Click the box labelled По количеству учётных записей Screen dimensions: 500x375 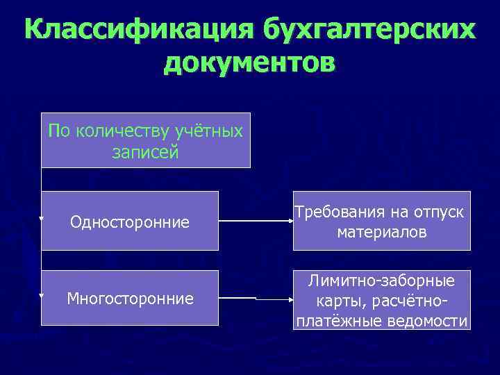point(145,140)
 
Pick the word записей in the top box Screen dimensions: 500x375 point(145,152)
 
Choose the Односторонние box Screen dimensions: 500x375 point(130,221)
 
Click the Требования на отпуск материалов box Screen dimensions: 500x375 point(381,221)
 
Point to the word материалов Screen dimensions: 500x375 point(382,231)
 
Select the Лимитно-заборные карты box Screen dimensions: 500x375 point(381,300)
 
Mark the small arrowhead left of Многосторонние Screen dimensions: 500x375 point(42,296)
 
